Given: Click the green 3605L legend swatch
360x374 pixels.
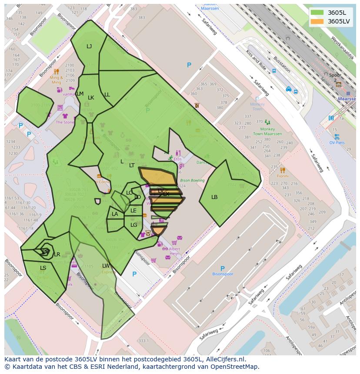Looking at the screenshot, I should [317, 13].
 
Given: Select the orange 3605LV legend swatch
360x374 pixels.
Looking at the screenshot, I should [317, 21].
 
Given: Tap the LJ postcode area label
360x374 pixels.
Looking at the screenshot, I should [89, 46].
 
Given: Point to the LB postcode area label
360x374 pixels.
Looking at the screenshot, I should [214, 197].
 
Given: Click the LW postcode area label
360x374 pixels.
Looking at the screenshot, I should [106, 266].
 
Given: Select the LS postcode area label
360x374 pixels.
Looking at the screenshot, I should [43, 268].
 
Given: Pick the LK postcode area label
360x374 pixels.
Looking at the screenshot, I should [91, 98].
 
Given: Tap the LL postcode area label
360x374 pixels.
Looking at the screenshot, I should [107, 95].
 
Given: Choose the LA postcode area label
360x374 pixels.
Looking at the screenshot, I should [115, 214].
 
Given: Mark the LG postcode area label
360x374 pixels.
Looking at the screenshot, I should [133, 225].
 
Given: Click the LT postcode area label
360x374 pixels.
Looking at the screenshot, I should [132, 165].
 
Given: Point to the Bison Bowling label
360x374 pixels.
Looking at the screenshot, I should [192, 180].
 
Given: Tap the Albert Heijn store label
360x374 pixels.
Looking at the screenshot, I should [174, 251].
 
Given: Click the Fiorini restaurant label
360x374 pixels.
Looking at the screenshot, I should [283, 176].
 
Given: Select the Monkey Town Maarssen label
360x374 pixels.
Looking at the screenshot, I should [267, 132].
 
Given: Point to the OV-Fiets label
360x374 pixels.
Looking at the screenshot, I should [337, 142].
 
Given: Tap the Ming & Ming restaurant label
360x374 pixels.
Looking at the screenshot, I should [56, 80].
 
